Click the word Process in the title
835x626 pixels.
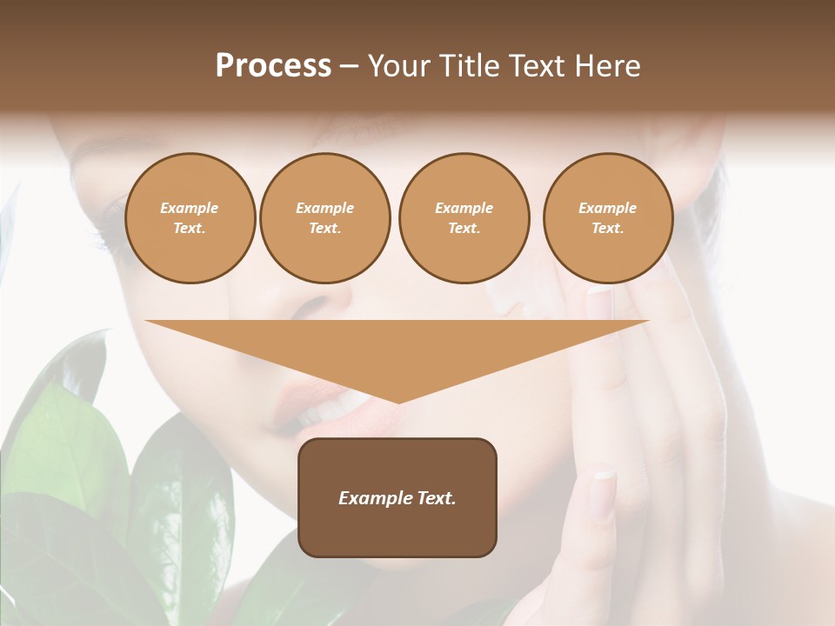(x=273, y=66)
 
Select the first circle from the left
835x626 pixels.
(x=190, y=218)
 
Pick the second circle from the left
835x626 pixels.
(x=325, y=218)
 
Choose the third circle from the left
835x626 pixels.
(x=464, y=218)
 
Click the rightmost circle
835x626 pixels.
(x=608, y=218)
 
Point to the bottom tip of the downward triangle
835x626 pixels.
(x=397, y=402)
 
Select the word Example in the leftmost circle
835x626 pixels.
(x=190, y=208)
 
